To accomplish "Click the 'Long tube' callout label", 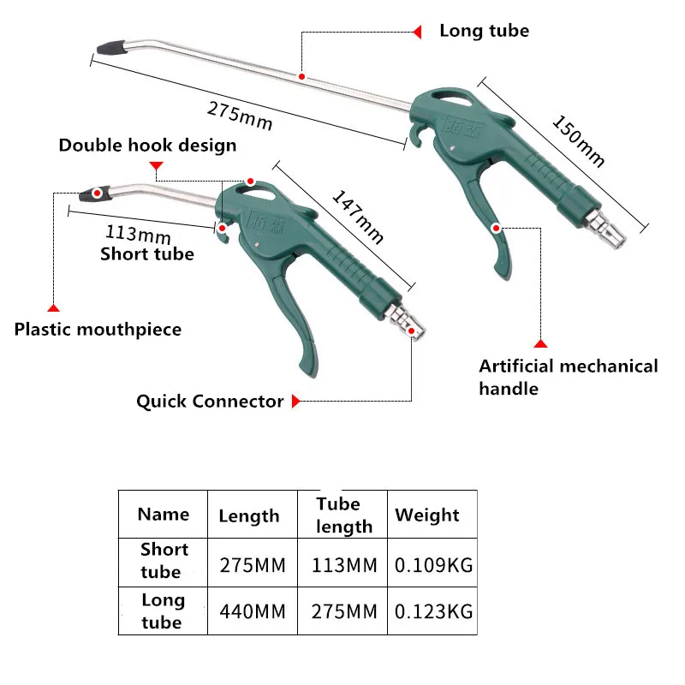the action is (x=484, y=31).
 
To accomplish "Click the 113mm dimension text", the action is (x=138, y=234).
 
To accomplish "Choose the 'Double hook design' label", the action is (x=147, y=145).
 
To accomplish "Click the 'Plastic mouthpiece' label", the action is (x=98, y=329).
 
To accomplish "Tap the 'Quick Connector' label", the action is (x=210, y=401).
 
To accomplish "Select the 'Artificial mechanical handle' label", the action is (x=568, y=377).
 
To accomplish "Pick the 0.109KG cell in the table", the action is (x=433, y=566).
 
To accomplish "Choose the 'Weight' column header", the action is (x=426, y=515).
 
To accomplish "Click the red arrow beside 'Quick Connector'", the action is (x=296, y=401).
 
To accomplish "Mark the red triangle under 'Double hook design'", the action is (x=155, y=165).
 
